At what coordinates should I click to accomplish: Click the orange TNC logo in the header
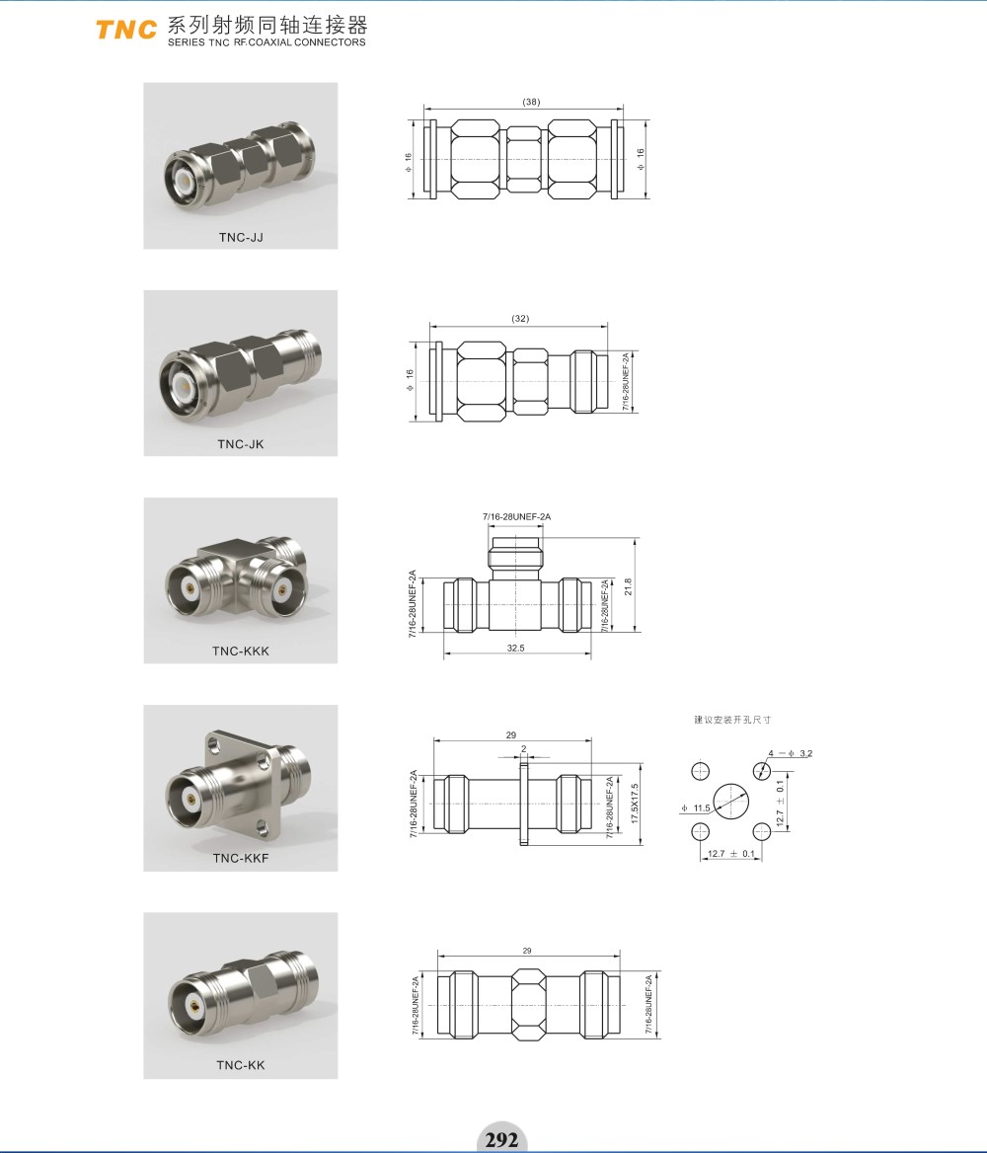125,29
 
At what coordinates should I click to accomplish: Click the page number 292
501,1139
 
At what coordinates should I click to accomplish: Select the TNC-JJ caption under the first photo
241,238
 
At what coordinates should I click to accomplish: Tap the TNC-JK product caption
241,444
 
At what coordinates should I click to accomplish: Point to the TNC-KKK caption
241,651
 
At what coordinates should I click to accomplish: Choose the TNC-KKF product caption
241,858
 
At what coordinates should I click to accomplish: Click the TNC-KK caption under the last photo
241,1065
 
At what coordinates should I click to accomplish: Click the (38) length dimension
531,103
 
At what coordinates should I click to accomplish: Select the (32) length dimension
520,319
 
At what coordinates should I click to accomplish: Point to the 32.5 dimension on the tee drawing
515,648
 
